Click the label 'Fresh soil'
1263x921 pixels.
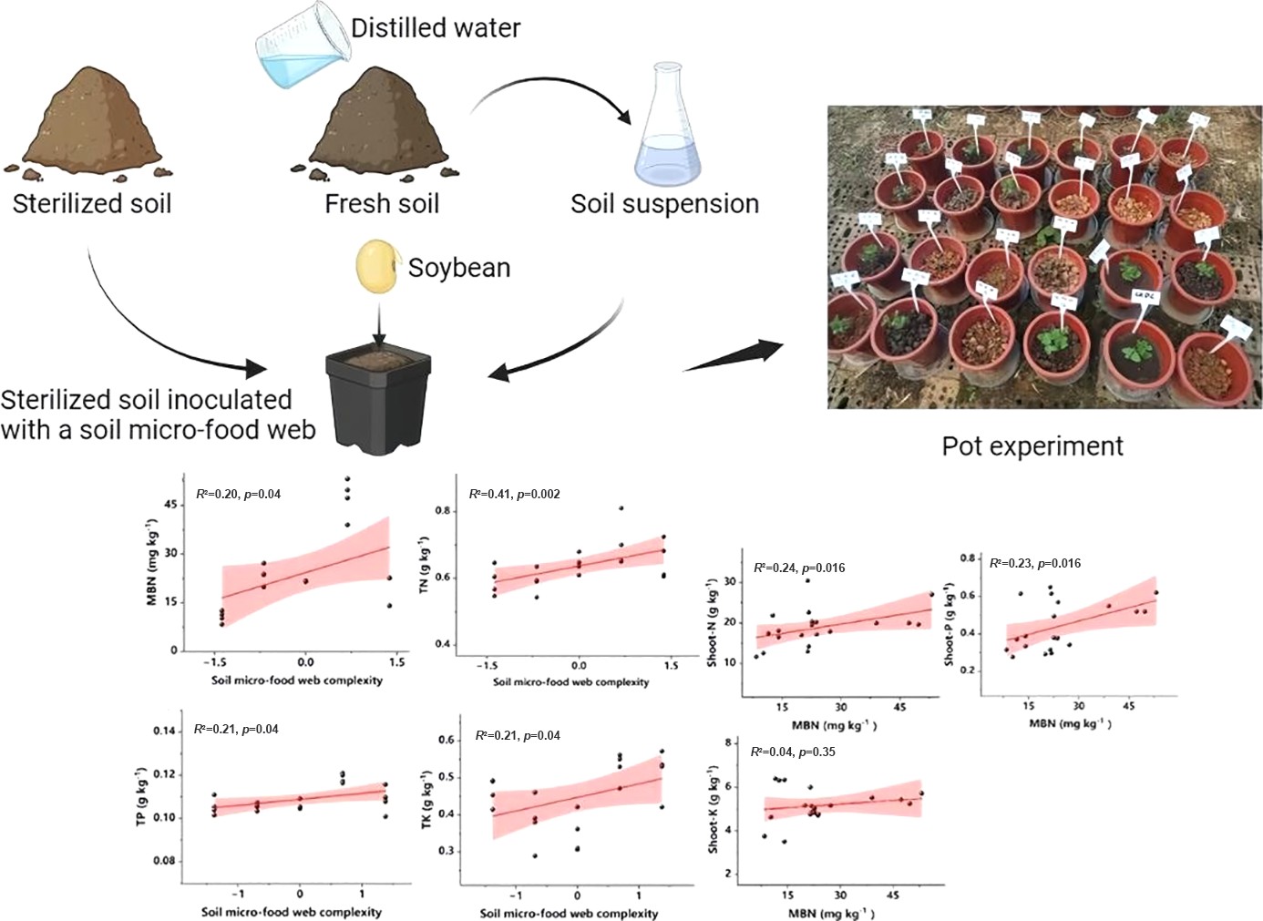[382, 203]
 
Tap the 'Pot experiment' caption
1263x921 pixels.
[1032, 445]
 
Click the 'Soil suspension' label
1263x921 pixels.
[664, 203]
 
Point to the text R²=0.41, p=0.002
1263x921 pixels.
[514, 494]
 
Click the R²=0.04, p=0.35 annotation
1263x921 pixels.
[792, 752]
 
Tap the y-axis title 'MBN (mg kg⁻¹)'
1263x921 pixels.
[152, 562]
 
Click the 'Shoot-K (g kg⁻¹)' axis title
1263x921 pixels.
[714, 809]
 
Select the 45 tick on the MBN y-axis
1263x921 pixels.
[170, 505]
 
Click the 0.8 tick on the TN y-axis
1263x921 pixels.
[443, 510]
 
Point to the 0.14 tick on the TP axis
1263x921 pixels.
[164, 731]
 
